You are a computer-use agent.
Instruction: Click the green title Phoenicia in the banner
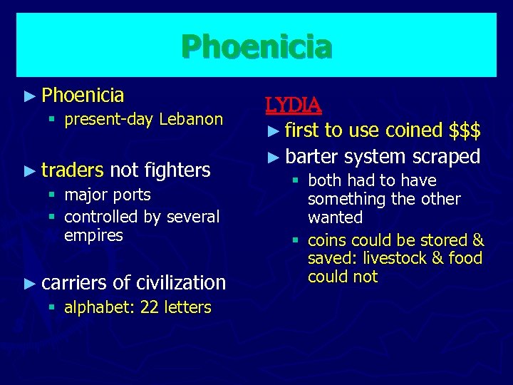[x=256, y=47]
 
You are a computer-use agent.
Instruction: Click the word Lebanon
[x=191, y=119]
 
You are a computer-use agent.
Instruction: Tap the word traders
[x=72, y=170]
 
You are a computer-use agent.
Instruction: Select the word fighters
[x=177, y=170]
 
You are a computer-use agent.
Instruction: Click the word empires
[x=93, y=235]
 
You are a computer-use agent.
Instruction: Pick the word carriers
[x=74, y=282]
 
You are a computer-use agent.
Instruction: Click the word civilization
[x=180, y=282]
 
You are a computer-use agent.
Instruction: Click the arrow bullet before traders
[x=29, y=170]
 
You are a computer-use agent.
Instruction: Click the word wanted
[x=335, y=217]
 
